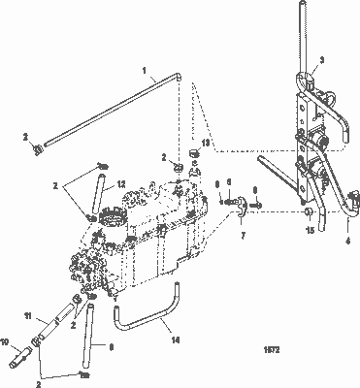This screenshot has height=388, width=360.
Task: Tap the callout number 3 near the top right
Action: [320, 59]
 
